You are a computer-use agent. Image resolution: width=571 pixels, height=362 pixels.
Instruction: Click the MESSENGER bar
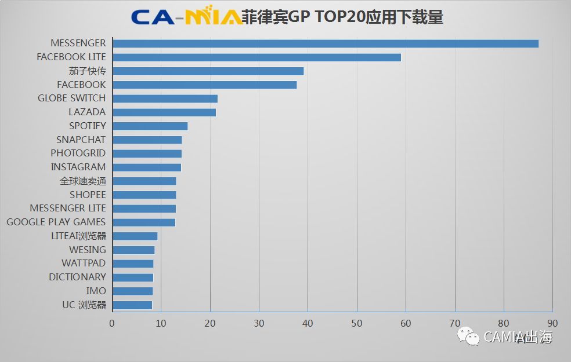[x=325, y=43]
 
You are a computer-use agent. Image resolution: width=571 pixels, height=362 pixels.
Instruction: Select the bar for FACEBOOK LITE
[x=256, y=57]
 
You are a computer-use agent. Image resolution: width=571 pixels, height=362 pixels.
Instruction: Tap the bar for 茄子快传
[x=208, y=71]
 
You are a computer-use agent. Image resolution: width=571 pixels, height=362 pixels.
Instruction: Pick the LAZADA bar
[x=164, y=112]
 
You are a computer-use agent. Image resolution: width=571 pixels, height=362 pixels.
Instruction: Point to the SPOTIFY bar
[x=150, y=126]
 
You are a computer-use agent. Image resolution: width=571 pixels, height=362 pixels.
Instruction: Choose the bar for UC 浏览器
[x=132, y=305]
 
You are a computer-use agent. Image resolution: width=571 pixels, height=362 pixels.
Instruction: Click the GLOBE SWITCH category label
[x=72, y=98]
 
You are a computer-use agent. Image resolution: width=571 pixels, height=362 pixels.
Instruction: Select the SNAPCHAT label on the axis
[x=81, y=140]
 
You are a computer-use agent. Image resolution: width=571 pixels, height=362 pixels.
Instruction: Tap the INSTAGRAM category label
[x=78, y=167]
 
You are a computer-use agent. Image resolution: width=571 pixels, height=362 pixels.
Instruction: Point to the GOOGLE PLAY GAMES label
[x=56, y=222]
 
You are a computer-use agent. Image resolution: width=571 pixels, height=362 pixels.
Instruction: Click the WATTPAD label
[x=84, y=264]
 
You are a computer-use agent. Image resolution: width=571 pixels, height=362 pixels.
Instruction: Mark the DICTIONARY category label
[x=77, y=277]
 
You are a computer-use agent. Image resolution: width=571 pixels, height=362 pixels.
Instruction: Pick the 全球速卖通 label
[x=83, y=181]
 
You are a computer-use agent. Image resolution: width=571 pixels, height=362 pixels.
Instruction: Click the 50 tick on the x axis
[x=356, y=323]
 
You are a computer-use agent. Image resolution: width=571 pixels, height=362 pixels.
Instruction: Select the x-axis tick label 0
[x=112, y=323]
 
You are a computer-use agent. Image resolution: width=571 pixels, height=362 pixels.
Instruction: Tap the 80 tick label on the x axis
[x=503, y=323]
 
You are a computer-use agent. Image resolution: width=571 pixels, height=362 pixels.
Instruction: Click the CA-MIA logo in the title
[x=186, y=17]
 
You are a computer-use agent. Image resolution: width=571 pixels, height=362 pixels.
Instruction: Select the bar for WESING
[x=133, y=250]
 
